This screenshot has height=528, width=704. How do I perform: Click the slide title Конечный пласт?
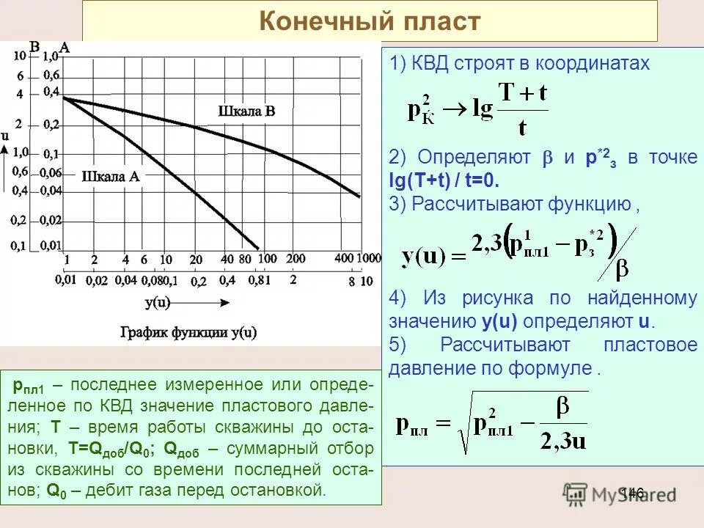[x=370, y=21]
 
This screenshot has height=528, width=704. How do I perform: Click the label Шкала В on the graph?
[x=247, y=111]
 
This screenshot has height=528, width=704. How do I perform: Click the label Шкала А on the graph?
[x=111, y=176]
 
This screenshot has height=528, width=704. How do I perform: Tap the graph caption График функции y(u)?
[x=188, y=331]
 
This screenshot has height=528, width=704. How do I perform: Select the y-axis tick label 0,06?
[x=51, y=173]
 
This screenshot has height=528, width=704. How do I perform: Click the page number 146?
[x=631, y=493]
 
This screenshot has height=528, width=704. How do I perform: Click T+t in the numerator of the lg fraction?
[x=522, y=94]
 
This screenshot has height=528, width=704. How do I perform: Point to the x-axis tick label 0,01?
[x=66, y=280]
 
